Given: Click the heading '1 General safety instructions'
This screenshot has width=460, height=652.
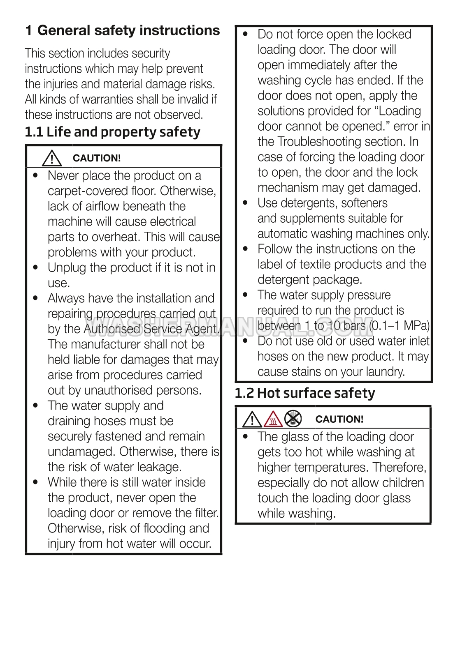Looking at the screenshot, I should (x=123, y=31).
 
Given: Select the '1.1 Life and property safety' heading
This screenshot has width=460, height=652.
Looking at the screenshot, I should (x=112, y=132).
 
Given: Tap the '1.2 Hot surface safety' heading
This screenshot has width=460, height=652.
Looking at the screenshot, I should (x=305, y=394).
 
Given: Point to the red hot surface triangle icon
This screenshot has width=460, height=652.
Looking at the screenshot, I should (x=273, y=419).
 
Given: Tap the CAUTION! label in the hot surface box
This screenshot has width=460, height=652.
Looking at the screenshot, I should (x=339, y=419).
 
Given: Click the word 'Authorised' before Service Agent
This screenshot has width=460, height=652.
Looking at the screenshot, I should (x=112, y=329).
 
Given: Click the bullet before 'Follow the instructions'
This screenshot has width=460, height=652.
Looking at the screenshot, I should (x=246, y=249).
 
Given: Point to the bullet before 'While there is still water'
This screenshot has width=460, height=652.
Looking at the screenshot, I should (x=36, y=482).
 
